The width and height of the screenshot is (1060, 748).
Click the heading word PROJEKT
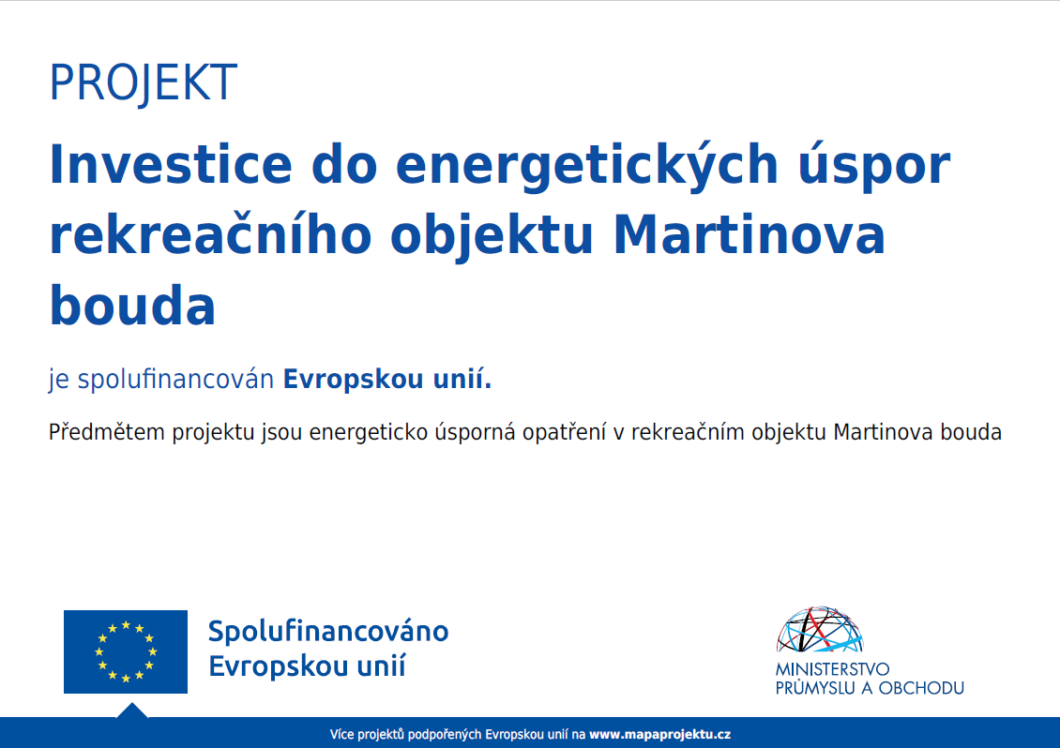[x=144, y=83]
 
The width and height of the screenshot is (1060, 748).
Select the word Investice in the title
[x=171, y=165]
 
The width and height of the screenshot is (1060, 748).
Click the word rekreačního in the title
[x=211, y=235]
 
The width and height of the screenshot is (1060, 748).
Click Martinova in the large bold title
[x=749, y=235]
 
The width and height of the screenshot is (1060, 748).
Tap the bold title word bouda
[x=132, y=305]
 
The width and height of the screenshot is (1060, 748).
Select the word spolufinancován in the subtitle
[x=175, y=380]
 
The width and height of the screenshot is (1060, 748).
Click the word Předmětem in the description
[x=107, y=432]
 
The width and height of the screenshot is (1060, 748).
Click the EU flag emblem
[x=126, y=651]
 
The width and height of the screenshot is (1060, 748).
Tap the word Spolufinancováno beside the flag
[x=328, y=631]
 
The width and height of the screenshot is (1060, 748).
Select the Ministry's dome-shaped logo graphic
[x=820, y=629]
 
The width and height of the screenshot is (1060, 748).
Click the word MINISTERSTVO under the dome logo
[x=832, y=669]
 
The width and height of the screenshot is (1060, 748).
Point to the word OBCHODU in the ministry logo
[x=921, y=689]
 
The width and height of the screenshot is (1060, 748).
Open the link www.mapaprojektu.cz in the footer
[x=659, y=735]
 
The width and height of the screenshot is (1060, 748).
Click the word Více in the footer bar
[x=342, y=735]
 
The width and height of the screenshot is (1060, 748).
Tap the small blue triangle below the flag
[x=132, y=711]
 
